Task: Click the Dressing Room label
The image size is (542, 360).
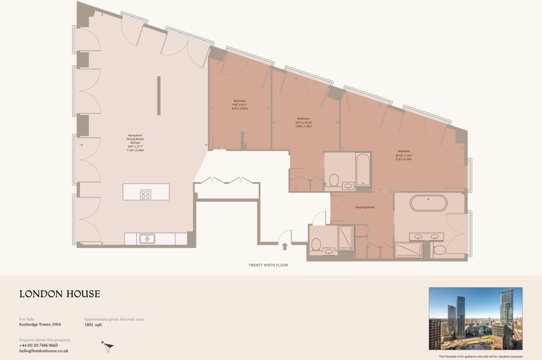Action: [x=365, y=207]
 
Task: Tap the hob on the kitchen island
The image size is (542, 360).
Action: [x=146, y=194]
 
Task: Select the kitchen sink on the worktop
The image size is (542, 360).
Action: [x=147, y=239]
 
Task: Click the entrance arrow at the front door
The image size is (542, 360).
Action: [x=285, y=246]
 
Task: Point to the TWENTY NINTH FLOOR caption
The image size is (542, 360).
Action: [x=268, y=265]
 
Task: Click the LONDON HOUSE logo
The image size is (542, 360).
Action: [x=60, y=294]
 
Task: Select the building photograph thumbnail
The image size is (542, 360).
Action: [x=475, y=318]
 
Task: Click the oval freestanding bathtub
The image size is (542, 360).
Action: [x=429, y=203]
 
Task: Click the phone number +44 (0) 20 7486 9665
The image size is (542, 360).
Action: [x=39, y=345]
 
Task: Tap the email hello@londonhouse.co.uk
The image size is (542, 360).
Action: [x=44, y=351]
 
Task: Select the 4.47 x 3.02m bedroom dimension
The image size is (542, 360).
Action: [x=240, y=109]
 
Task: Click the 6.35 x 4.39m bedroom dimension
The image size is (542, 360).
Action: [x=404, y=159]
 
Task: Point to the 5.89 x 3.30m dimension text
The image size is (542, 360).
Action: [x=304, y=126]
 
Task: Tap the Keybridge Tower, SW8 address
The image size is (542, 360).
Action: [x=40, y=325]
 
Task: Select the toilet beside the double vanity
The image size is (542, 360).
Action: [x=439, y=250]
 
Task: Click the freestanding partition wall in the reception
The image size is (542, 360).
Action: [x=159, y=96]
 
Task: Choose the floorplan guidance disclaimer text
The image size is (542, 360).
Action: [x=481, y=357]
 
